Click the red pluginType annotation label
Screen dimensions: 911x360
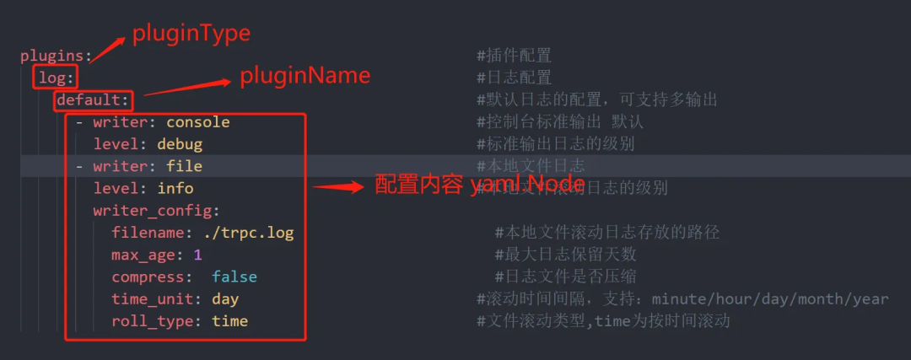click(191, 34)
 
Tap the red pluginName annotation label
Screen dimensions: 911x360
click(305, 76)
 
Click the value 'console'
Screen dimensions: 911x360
click(197, 122)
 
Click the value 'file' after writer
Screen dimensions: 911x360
click(184, 166)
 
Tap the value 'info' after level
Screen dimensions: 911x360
click(175, 188)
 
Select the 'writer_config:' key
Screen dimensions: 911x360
click(156, 210)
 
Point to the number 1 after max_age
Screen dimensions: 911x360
click(197, 254)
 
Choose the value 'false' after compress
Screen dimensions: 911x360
click(234, 277)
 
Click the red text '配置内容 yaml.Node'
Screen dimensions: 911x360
click(479, 185)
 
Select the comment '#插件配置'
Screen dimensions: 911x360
click(514, 56)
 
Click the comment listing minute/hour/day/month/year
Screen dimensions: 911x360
click(682, 298)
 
